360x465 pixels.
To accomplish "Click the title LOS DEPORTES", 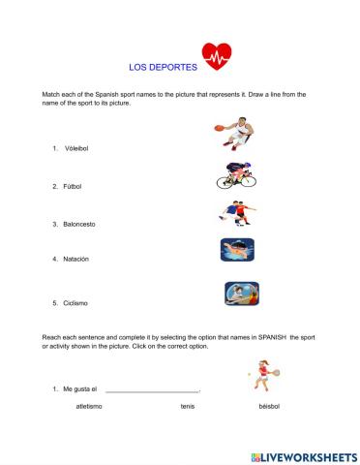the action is (x=162, y=69).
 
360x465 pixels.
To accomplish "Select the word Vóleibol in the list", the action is (x=75, y=149).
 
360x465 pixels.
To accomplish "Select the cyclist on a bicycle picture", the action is (x=235, y=174).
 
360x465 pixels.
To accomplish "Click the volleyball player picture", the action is (x=240, y=293).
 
